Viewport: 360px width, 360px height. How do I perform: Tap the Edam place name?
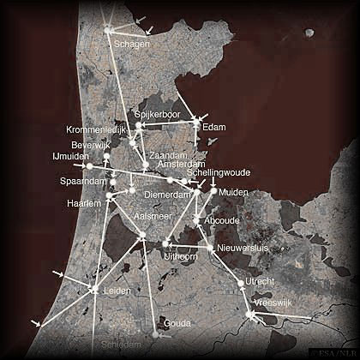point(213,128)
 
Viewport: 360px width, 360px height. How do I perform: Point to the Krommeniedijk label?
point(96,129)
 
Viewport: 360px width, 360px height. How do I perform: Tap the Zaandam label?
point(167,155)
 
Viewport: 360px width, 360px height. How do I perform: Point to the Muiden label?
point(233,193)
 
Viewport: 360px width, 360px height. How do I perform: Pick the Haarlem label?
point(84,203)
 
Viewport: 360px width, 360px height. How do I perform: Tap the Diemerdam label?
point(166,195)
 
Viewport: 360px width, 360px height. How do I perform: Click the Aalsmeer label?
point(155,217)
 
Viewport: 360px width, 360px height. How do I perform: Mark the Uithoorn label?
point(180,255)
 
